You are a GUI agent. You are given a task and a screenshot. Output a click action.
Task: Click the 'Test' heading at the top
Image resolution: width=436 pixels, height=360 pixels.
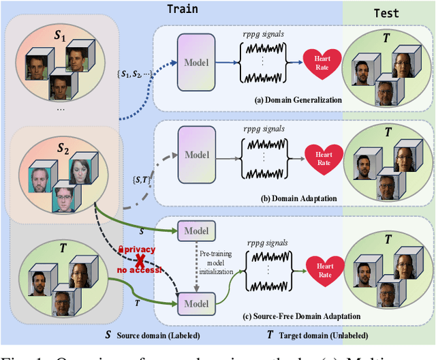pos(387,12)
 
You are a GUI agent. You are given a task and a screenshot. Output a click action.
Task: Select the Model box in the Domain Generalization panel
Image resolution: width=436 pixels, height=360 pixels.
pos(196,63)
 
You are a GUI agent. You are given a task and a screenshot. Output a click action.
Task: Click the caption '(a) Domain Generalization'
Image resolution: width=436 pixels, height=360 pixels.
pos(298,100)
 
